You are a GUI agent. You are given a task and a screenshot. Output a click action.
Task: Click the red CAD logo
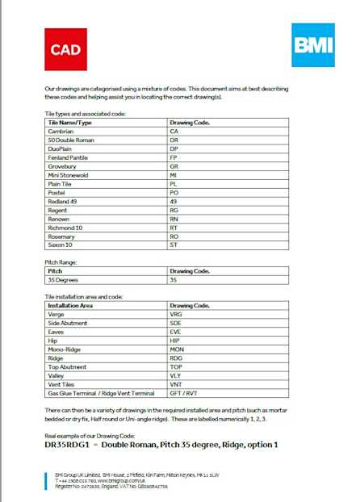(65, 49)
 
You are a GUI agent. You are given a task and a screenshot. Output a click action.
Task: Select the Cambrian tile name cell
(61, 131)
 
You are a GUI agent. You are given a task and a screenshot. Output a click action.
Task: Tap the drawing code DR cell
(174, 140)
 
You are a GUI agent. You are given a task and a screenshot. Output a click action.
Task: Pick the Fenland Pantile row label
(68, 157)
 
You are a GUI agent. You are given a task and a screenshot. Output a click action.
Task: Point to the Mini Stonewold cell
(67, 175)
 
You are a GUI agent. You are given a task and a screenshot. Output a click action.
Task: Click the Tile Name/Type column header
(70, 122)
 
